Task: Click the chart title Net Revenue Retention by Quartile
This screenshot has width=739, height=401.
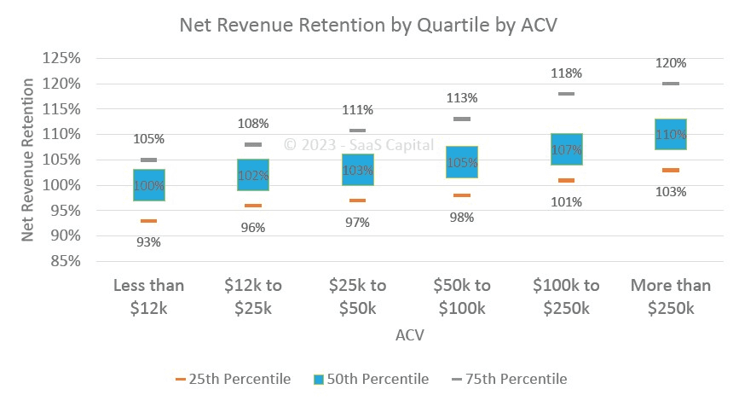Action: (368, 26)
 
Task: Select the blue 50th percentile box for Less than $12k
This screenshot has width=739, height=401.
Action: (149, 185)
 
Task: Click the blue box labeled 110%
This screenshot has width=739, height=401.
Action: (671, 134)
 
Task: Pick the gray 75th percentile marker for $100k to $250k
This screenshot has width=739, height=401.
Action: (566, 94)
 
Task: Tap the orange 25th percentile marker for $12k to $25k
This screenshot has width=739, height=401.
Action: (253, 206)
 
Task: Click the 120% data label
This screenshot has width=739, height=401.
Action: (671, 63)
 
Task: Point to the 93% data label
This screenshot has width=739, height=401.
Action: (149, 241)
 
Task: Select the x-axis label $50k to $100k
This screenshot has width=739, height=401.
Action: (462, 296)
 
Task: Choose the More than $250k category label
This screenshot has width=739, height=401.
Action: (671, 296)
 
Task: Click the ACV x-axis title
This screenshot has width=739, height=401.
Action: (410, 335)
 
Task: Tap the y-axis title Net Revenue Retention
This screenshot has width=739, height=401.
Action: (28, 160)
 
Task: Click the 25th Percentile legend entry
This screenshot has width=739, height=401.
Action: (233, 379)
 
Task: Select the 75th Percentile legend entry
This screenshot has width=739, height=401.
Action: (509, 379)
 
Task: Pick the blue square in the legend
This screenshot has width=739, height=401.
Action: (321, 379)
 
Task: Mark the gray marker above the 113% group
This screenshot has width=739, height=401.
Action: (462, 119)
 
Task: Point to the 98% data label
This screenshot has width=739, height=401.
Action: (462, 218)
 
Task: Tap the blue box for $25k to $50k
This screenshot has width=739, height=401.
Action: (358, 169)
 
